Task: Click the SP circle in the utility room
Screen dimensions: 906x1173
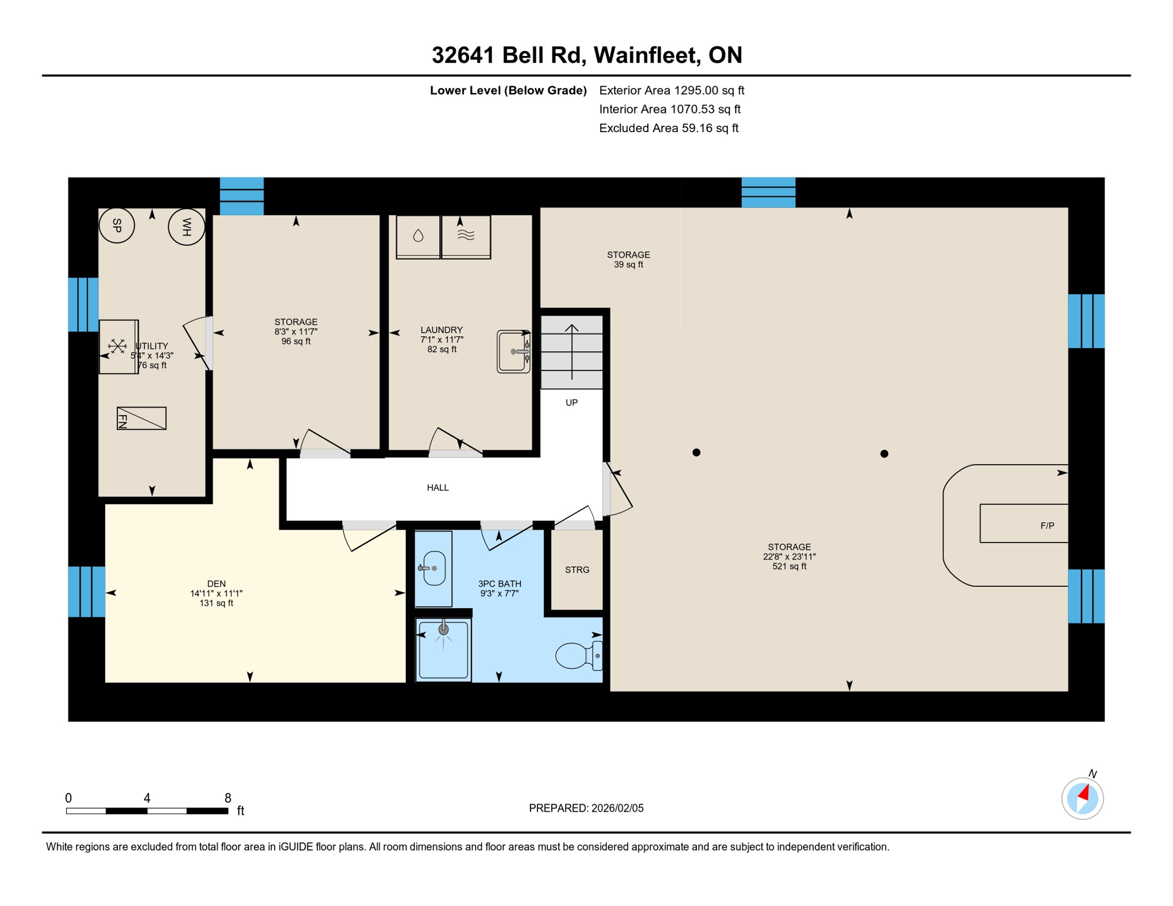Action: click(x=117, y=225)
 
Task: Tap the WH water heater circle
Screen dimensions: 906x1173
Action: click(x=186, y=227)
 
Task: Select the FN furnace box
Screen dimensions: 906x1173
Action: click(x=142, y=418)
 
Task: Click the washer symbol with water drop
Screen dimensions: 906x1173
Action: click(x=418, y=237)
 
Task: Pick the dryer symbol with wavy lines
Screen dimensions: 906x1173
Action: click(x=466, y=237)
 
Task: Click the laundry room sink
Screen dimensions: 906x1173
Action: click(x=513, y=352)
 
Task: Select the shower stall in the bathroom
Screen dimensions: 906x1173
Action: click(x=443, y=649)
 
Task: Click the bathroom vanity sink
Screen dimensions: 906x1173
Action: click(x=434, y=568)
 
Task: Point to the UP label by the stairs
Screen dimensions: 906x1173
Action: click(x=572, y=403)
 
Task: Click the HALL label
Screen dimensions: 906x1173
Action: click(x=438, y=488)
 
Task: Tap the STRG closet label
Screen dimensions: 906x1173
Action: click(x=577, y=570)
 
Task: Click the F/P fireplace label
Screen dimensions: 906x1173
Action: click(x=1047, y=526)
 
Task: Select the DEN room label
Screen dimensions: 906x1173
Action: click(x=217, y=584)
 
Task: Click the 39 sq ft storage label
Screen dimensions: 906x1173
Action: click(x=628, y=260)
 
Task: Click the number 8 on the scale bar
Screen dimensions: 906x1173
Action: click(x=228, y=798)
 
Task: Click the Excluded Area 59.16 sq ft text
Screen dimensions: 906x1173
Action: click(x=669, y=129)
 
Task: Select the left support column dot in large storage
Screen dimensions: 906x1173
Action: click(x=696, y=452)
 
